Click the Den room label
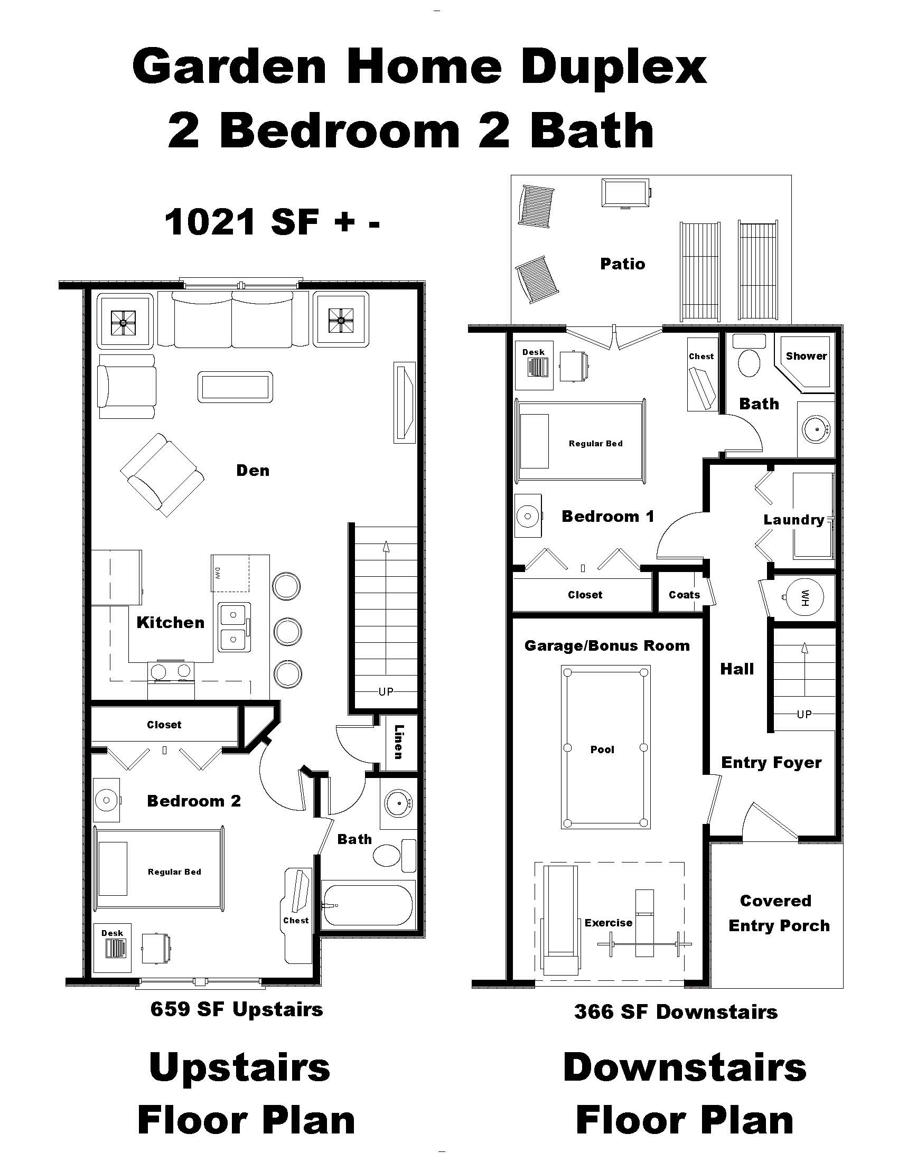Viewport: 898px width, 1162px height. point(252,470)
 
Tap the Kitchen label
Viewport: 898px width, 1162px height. point(170,623)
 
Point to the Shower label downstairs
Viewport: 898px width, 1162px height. point(807,356)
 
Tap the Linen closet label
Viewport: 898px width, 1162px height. point(398,742)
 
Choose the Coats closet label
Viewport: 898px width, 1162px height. point(684,595)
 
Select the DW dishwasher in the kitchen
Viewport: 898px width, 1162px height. point(230,573)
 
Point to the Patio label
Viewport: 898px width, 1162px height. point(622,264)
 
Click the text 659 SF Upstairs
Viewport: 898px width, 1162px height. point(237,1009)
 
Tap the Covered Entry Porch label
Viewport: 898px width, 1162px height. point(778,914)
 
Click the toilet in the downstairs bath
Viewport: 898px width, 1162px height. point(749,362)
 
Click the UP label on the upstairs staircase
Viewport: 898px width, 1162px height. point(386,691)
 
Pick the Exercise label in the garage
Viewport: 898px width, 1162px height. point(608,923)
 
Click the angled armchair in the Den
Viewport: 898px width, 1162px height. point(162,474)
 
